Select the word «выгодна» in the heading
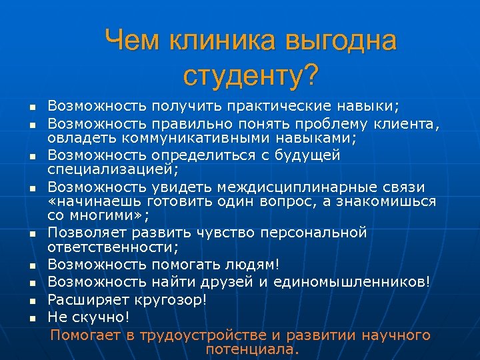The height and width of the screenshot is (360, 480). pos(341,41)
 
